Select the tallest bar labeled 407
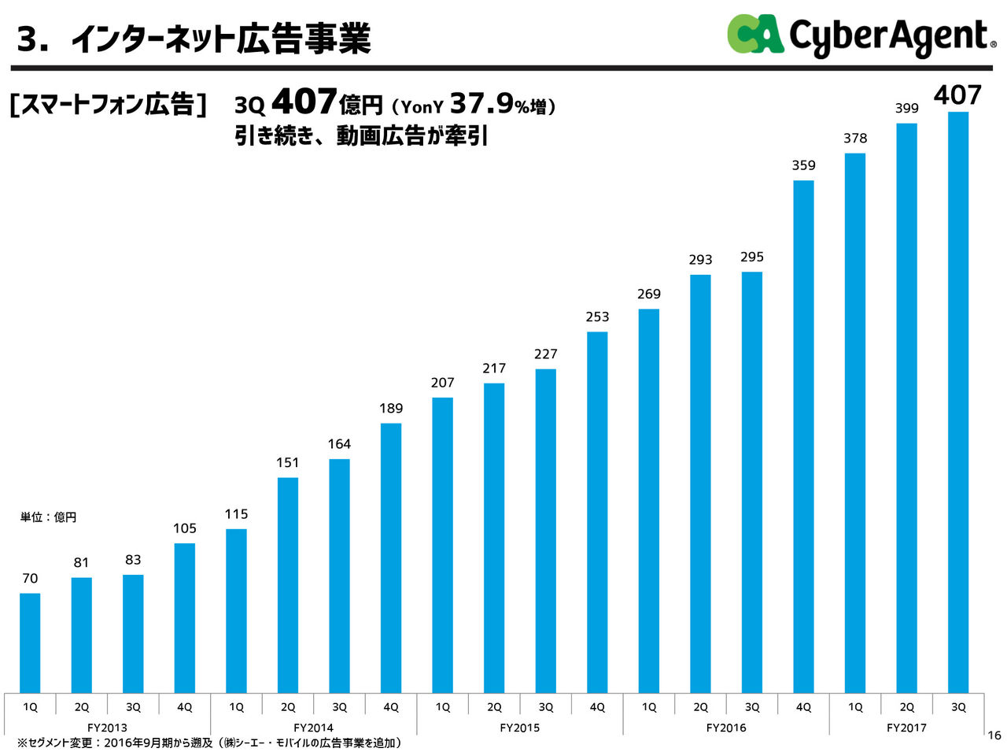click(x=957, y=402)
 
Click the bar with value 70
click(x=30, y=642)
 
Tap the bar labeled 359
click(x=803, y=437)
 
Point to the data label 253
click(x=597, y=317)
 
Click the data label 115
click(x=236, y=514)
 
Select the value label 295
click(x=752, y=257)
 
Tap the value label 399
click(x=906, y=109)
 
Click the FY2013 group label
click(x=107, y=728)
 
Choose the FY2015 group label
click(x=519, y=728)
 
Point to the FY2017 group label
click(x=906, y=728)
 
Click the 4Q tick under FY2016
click(x=803, y=707)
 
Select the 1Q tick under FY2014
click(x=236, y=707)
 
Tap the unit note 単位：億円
click(x=48, y=517)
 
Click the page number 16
click(x=994, y=735)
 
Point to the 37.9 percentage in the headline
click(x=481, y=103)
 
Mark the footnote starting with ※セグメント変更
click(x=209, y=743)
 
